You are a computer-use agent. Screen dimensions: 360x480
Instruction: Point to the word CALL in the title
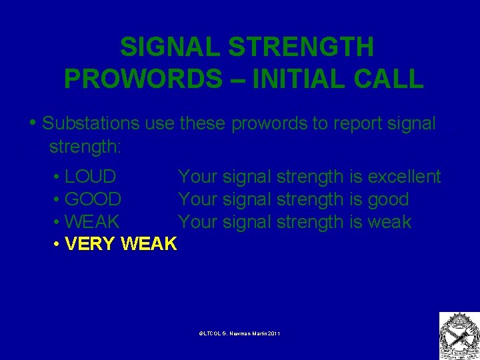click(389, 79)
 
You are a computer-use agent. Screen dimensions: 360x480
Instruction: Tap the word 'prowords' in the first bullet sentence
click(268, 123)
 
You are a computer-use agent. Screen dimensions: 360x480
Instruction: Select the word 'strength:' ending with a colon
click(85, 145)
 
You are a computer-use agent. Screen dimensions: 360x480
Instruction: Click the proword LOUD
click(91, 177)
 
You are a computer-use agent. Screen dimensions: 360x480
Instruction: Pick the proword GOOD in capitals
click(93, 199)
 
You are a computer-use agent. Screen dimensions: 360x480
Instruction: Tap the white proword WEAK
click(92, 222)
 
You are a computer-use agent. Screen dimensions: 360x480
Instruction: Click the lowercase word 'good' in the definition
click(388, 199)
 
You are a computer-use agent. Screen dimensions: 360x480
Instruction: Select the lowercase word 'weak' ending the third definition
click(389, 222)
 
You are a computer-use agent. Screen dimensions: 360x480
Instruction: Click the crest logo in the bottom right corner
click(459, 335)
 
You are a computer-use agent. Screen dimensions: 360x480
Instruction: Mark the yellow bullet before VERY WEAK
click(57, 245)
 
